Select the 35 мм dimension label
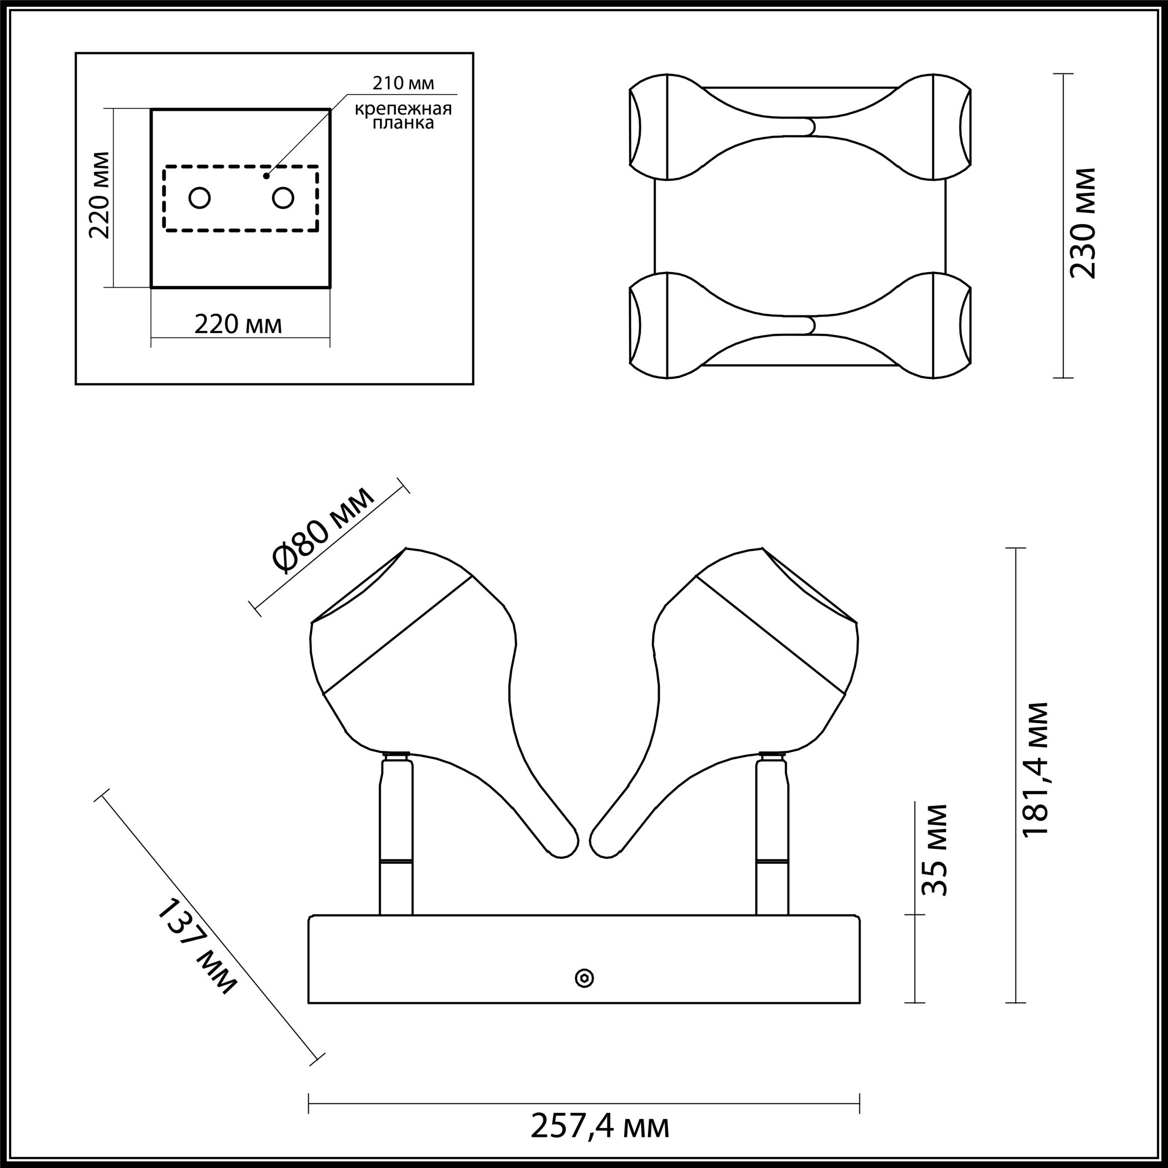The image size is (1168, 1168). pyautogui.click(x=933, y=849)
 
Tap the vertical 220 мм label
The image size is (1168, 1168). pyautogui.click(x=100, y=195)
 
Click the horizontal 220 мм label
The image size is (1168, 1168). pyautogui.click(x=238, y=325)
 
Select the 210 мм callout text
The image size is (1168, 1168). pyautogui.click(x=403, y=83)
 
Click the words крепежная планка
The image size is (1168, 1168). pyautogui.click(x=403, y=116)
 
